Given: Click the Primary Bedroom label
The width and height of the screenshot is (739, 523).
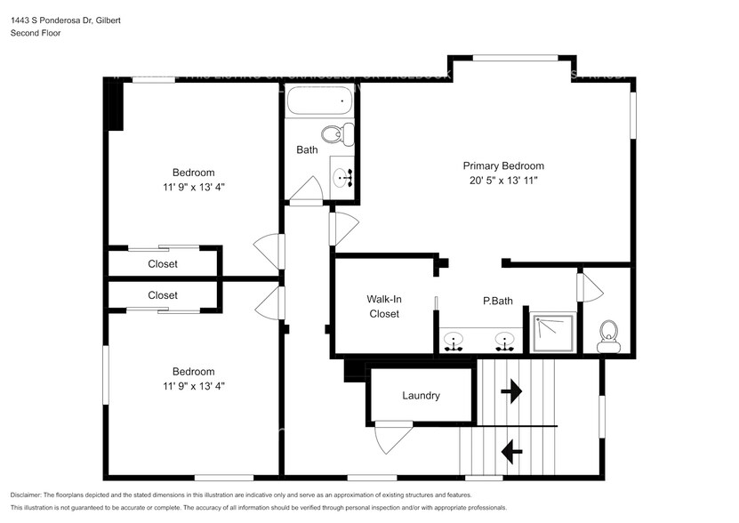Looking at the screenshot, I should coord(503,165).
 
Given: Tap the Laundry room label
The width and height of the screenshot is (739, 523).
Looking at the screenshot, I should coord(421,396).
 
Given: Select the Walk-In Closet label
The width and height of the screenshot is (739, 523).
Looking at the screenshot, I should coord(384,307).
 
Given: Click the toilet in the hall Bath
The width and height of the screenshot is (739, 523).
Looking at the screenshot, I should coord(333,135).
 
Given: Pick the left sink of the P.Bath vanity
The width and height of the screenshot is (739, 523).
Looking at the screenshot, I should coord(454,341).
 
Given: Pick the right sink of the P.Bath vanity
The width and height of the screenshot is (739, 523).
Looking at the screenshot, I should coord(505,341).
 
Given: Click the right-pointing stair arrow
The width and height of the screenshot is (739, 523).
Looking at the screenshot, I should coord(512,390).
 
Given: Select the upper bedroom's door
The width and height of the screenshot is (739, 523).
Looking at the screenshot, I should coord(269,250).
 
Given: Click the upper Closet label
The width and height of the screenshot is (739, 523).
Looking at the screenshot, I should coord(163,264).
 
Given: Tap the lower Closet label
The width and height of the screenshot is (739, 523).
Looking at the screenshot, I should coord(163,295).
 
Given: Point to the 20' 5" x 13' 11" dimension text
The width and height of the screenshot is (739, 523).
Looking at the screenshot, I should coord(503,181).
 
